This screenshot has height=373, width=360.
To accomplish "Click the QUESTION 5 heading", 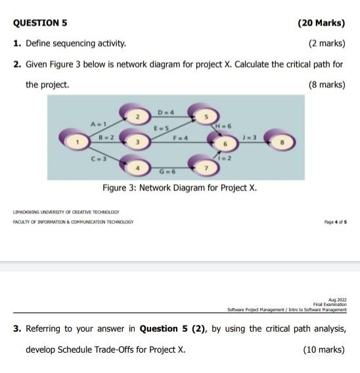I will [40, 22].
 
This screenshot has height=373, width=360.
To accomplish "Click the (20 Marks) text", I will [321, 22].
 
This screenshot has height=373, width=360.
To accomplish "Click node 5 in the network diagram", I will [206, 116].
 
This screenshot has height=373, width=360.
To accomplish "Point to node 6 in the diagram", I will [224, 141].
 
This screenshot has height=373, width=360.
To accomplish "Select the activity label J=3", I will [250, 136].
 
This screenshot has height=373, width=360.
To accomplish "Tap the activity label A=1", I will [99, 123].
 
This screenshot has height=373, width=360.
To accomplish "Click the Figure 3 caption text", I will [179, 188].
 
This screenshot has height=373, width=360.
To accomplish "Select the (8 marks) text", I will [326, 85].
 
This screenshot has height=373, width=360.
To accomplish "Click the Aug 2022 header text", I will [335, 299].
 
